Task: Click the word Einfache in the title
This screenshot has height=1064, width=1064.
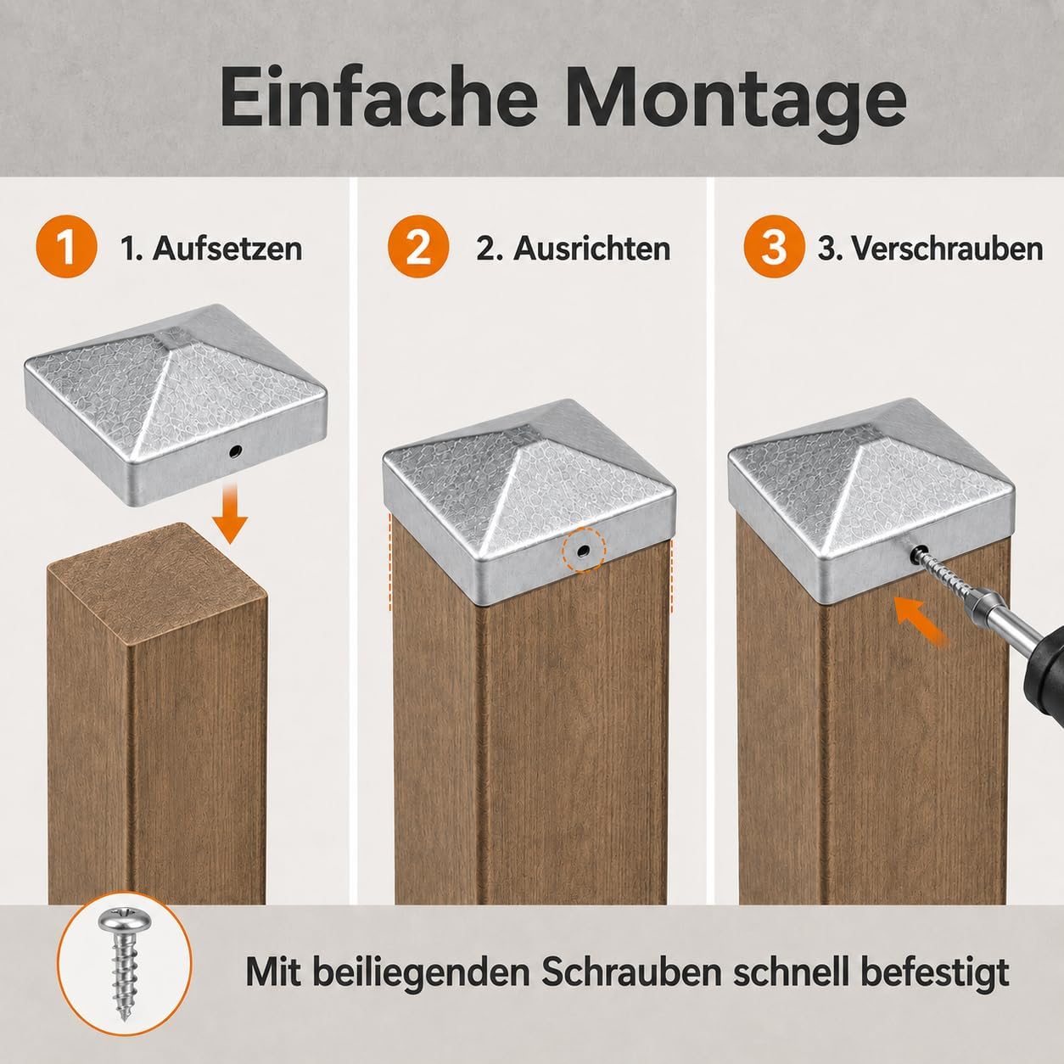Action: (378, 98)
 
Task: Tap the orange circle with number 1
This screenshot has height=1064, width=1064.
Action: (66, 247)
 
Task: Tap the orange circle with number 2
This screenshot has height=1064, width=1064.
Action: (418, 247)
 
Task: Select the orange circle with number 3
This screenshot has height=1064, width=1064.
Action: (774, 247)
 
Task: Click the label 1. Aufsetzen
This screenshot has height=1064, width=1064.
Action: (211, 249)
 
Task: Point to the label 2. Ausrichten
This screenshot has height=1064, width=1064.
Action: (573, 249)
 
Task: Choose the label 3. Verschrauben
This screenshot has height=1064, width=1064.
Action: (931, 249)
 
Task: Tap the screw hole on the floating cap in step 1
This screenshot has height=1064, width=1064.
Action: (235, 451)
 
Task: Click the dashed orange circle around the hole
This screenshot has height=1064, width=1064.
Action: (584, 550)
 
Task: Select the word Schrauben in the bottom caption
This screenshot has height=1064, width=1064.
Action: (631, 971)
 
